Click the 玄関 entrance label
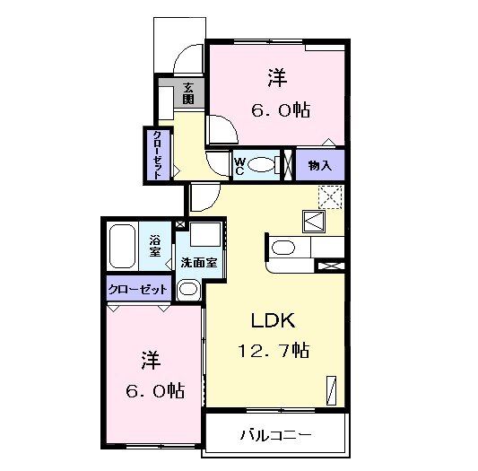pyautogui.click(x=189, y=92)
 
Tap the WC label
pyautogui.click(x=240, y=165)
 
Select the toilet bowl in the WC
pyautogui.click(x=262, y=165)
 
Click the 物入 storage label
pyautogui.click(x=320, y=165)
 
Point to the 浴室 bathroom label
pyautogui.click(x=155, y=245)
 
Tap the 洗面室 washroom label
pyautogui.click(x=198, y=264)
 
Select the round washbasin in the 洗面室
pyautogui.click(x=188, y=289)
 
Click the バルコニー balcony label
pyautogui.click(x=275, y=436)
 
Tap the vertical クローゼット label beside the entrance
pyautogui.click(x=157, y=154)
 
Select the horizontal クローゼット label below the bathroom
pyautogui.click(x=137, y=290)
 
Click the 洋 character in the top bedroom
pyautogui.click(x=276, y=78)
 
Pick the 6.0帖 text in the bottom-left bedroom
pyautogui.click(x=150, y=390)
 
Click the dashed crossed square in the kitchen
pyautogui.click(x=330, y=196)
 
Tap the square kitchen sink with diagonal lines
pyautogui.click(x=317, y=221)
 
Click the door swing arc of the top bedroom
pyautogui.click(x=224, y=130)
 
